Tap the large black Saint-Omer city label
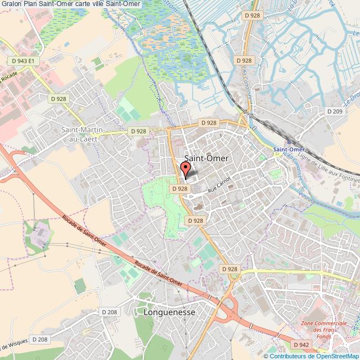[205, 158]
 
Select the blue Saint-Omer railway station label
[289, 150]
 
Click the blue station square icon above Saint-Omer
[289, 141]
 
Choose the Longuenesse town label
[169, 312]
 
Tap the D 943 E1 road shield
[23, 61]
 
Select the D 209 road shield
[335, 111]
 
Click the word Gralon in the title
[12, 4]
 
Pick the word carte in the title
[88, 4]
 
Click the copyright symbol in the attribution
[266, 356]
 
